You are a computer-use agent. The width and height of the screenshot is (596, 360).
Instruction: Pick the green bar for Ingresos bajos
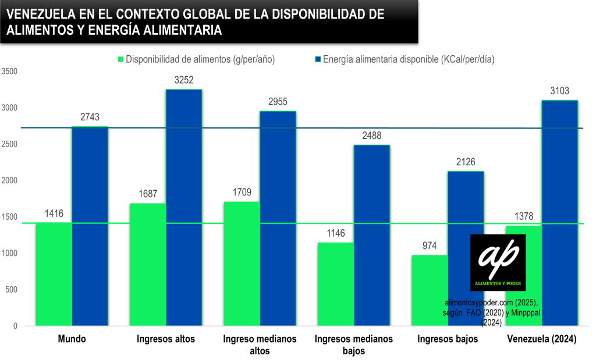pos(430,290)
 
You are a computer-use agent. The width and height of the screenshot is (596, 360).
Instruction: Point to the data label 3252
pos(183,80)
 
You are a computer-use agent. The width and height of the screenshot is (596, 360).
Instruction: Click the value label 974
pos(430,246)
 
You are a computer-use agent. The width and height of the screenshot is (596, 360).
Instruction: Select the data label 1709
pos(242,193)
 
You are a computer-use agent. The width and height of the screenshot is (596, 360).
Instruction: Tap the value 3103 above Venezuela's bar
pos(559,91)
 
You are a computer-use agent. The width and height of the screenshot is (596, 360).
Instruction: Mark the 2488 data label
pos(371,136)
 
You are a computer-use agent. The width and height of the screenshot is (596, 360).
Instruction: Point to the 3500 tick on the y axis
pos(10,72)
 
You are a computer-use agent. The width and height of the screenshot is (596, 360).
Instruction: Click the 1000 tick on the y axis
pos(10,254)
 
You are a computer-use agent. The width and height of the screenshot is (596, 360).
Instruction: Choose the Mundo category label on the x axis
pos(72,339)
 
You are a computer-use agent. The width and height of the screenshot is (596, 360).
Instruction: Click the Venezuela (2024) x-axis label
pos(542,339)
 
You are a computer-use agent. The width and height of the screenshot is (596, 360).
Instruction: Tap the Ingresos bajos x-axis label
pos(448,339)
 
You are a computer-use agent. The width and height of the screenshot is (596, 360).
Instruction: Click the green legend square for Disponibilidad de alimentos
pos(121,59)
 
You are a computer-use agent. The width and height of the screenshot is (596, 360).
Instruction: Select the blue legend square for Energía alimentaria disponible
pos(318,59)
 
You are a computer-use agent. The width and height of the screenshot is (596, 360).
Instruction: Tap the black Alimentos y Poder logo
pos(498,262)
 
